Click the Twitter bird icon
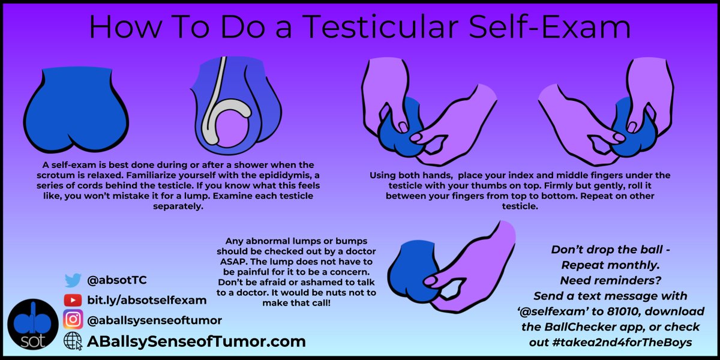click(73, 280)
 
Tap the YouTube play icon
click(73, 300)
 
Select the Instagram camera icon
click(73, 320)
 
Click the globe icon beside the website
click(73, 341)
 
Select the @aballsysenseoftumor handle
click(155, 320)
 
